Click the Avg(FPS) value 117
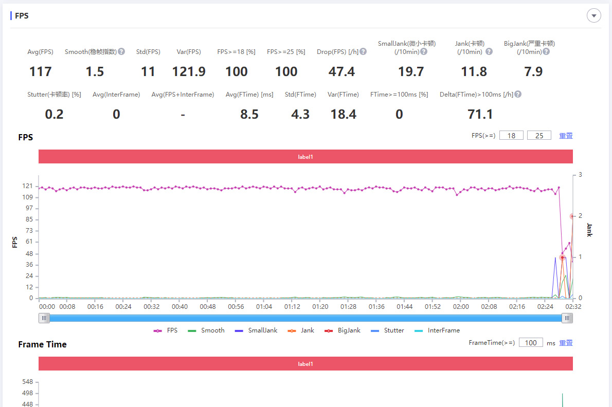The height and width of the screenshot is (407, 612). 41,71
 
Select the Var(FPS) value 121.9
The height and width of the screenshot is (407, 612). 189,71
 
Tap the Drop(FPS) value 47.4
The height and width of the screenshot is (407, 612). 341,71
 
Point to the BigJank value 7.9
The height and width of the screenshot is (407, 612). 533,71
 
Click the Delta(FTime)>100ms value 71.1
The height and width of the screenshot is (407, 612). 480,114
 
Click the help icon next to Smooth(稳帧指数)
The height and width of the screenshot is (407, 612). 121,51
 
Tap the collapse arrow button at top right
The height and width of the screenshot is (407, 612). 594,16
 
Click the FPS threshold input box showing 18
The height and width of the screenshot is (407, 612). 511,136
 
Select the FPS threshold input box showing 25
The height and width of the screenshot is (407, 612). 539,136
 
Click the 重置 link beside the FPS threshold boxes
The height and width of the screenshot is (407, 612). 566,136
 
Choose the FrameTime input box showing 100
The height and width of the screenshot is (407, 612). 531,343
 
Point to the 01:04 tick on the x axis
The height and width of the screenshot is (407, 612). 264,307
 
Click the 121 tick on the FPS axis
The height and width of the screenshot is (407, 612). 28,186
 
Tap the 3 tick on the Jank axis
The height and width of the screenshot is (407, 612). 580,175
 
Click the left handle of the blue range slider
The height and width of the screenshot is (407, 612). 45,318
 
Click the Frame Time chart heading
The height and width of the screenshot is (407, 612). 42,344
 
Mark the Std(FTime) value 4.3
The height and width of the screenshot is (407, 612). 300,114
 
